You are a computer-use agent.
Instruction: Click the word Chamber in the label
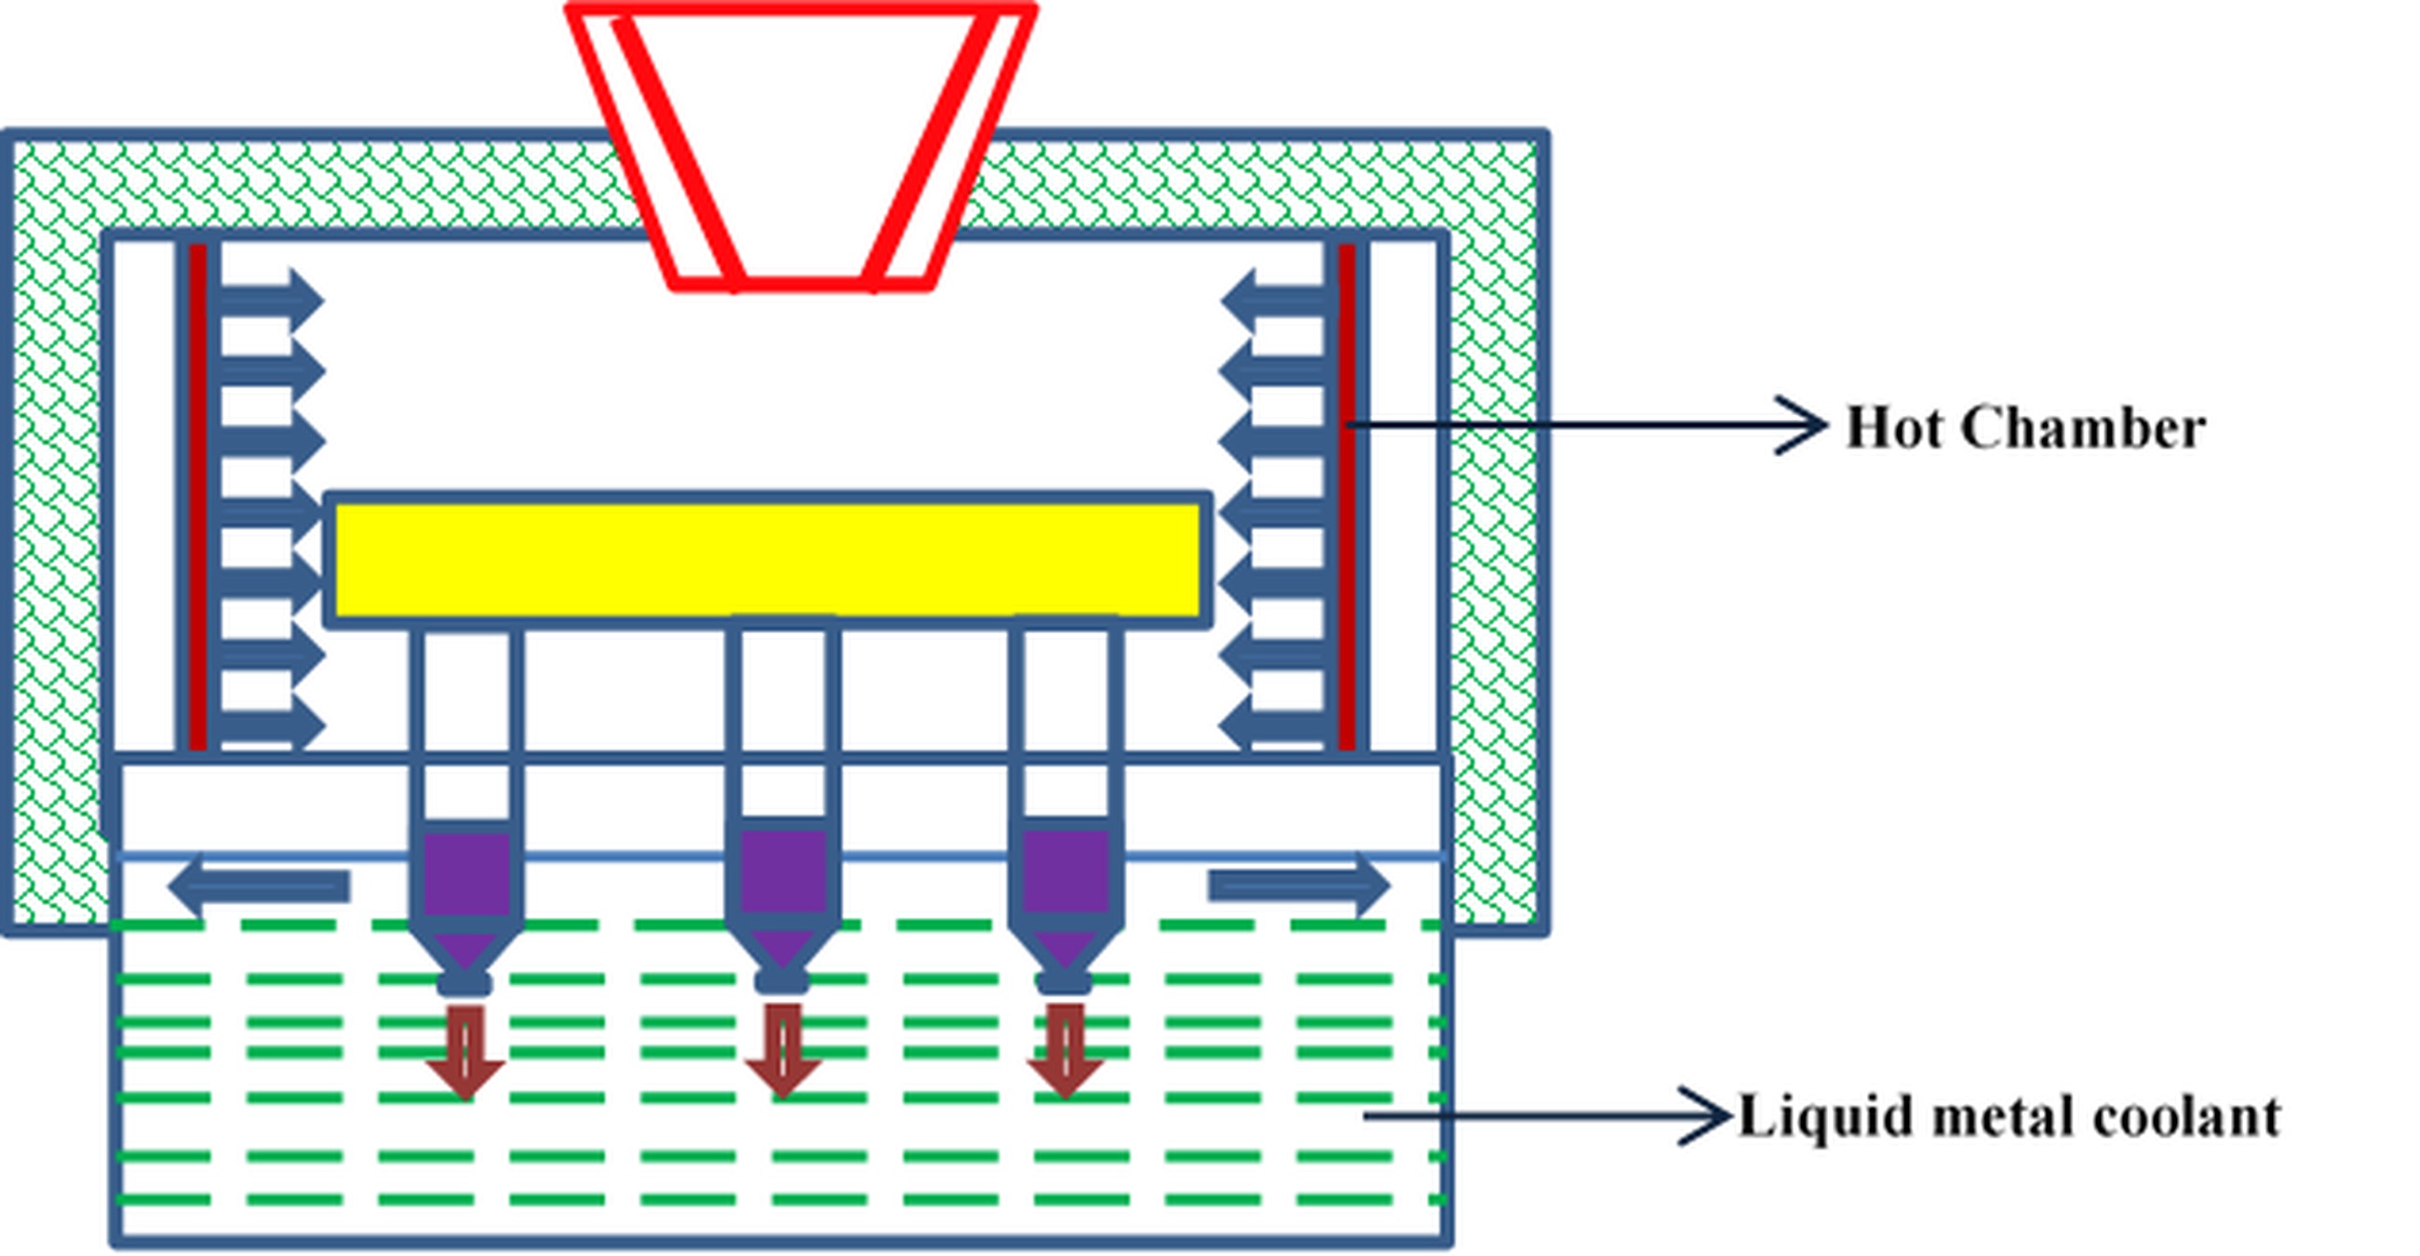pyautogui.click(x=2083, y=428)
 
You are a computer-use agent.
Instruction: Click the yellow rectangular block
pyautogui.click(x=768, y=560)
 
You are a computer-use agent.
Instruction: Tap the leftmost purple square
pyautogui.click(x=467, y=872)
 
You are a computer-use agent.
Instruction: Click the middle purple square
pyautogui.click(x=783, y=871)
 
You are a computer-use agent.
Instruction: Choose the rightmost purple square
pyautogui.click(x=1065, y=871)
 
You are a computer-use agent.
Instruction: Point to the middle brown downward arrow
pyautogui.click(x=783, y=1050)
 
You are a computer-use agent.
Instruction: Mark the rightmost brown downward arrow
pyautogui.click(x=1065, y=1050)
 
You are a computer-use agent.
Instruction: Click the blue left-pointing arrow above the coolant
pyautogui.click(x=259, y=886)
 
